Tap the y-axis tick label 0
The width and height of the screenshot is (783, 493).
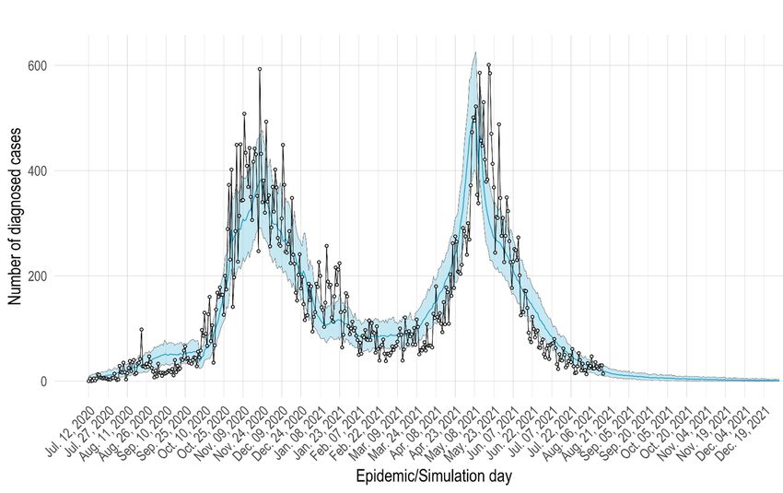[43, 381]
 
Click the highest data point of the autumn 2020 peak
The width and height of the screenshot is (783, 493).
[260, 69]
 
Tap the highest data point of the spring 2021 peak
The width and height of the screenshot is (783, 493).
[488, 65]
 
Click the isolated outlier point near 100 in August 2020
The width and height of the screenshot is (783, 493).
[141, 329]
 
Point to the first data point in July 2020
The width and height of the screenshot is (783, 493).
[88, 380]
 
